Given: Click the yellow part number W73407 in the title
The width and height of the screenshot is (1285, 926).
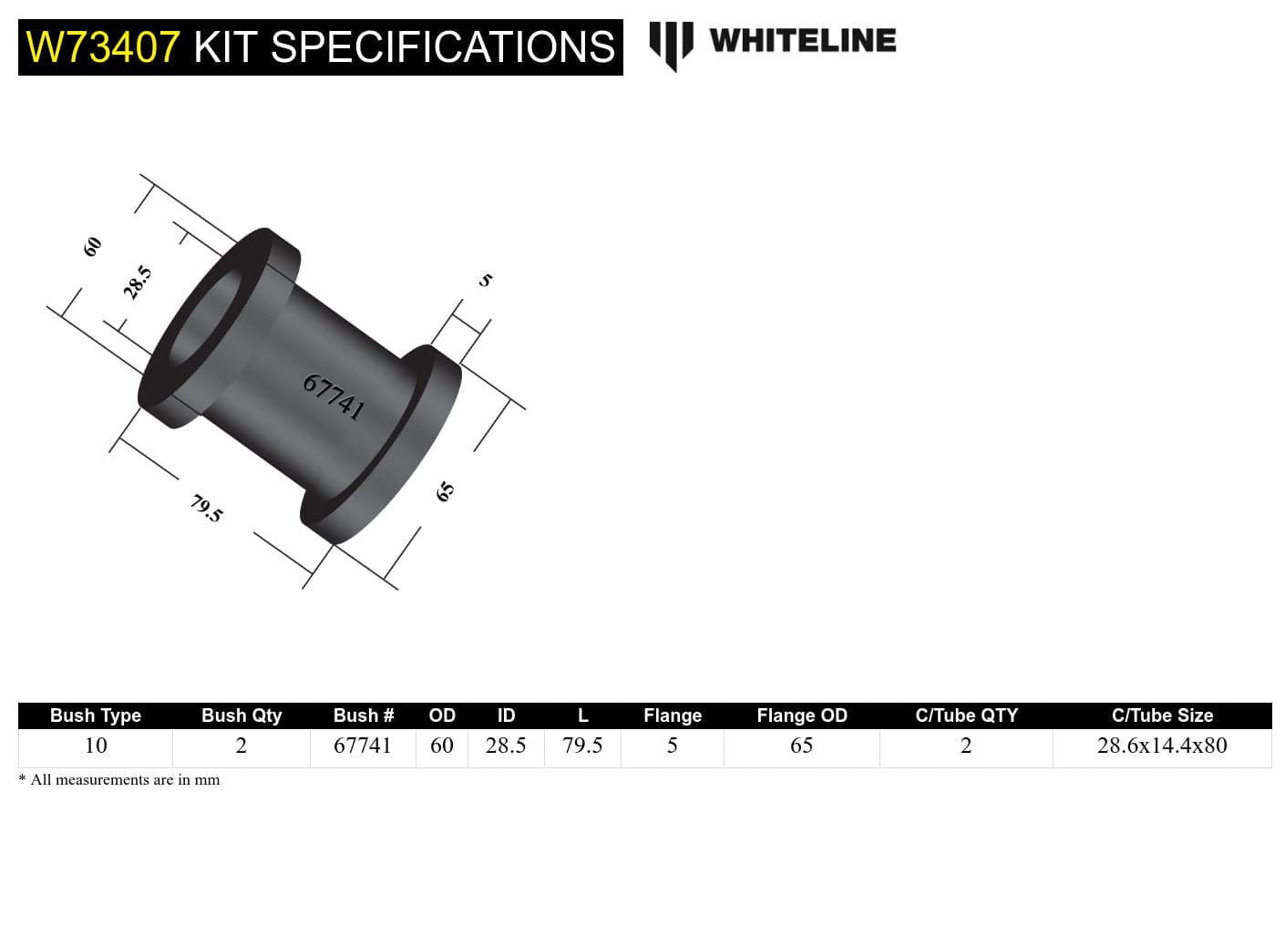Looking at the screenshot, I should (x=102, y=47).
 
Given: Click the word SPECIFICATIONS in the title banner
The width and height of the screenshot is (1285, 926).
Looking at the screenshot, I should (x=443, y=47).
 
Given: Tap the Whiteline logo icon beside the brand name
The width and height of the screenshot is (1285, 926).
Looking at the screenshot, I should (x=671, y=44).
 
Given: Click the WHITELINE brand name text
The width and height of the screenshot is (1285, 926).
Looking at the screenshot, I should (x=802, y=41).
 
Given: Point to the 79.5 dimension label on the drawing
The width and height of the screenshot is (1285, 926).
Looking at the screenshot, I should (x=206, y=508).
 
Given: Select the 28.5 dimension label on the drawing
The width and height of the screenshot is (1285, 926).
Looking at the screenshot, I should (x=138, y=283).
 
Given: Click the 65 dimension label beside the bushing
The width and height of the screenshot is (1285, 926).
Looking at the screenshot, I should (x=445, y=492).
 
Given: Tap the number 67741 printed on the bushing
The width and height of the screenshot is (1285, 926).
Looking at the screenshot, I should (x=334, y=396).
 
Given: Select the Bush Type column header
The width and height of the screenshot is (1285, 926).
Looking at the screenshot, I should (x=96, y=715).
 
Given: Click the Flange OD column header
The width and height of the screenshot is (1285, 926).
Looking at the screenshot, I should (x=802, y=715).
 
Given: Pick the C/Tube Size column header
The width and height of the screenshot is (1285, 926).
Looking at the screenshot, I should (x=1162, y=715).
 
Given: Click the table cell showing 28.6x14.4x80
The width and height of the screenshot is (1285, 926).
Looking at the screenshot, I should (x=1162, y=746).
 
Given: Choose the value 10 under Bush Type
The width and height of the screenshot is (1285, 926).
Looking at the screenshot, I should (x=96, y=746).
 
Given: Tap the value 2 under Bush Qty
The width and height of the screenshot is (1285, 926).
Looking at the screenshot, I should (x=242, y=746).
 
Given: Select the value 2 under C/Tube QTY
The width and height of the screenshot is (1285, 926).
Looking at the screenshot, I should (x=966, y=746).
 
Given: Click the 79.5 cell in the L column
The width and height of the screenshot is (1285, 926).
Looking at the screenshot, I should (x=582, y=746).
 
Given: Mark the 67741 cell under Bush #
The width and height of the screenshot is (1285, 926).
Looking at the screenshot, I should (x=363, y=746).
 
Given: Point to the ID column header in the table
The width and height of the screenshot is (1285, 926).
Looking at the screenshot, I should (x=506, y=715).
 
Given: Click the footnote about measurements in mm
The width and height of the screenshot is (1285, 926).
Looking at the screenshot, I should (x=119, y=780).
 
